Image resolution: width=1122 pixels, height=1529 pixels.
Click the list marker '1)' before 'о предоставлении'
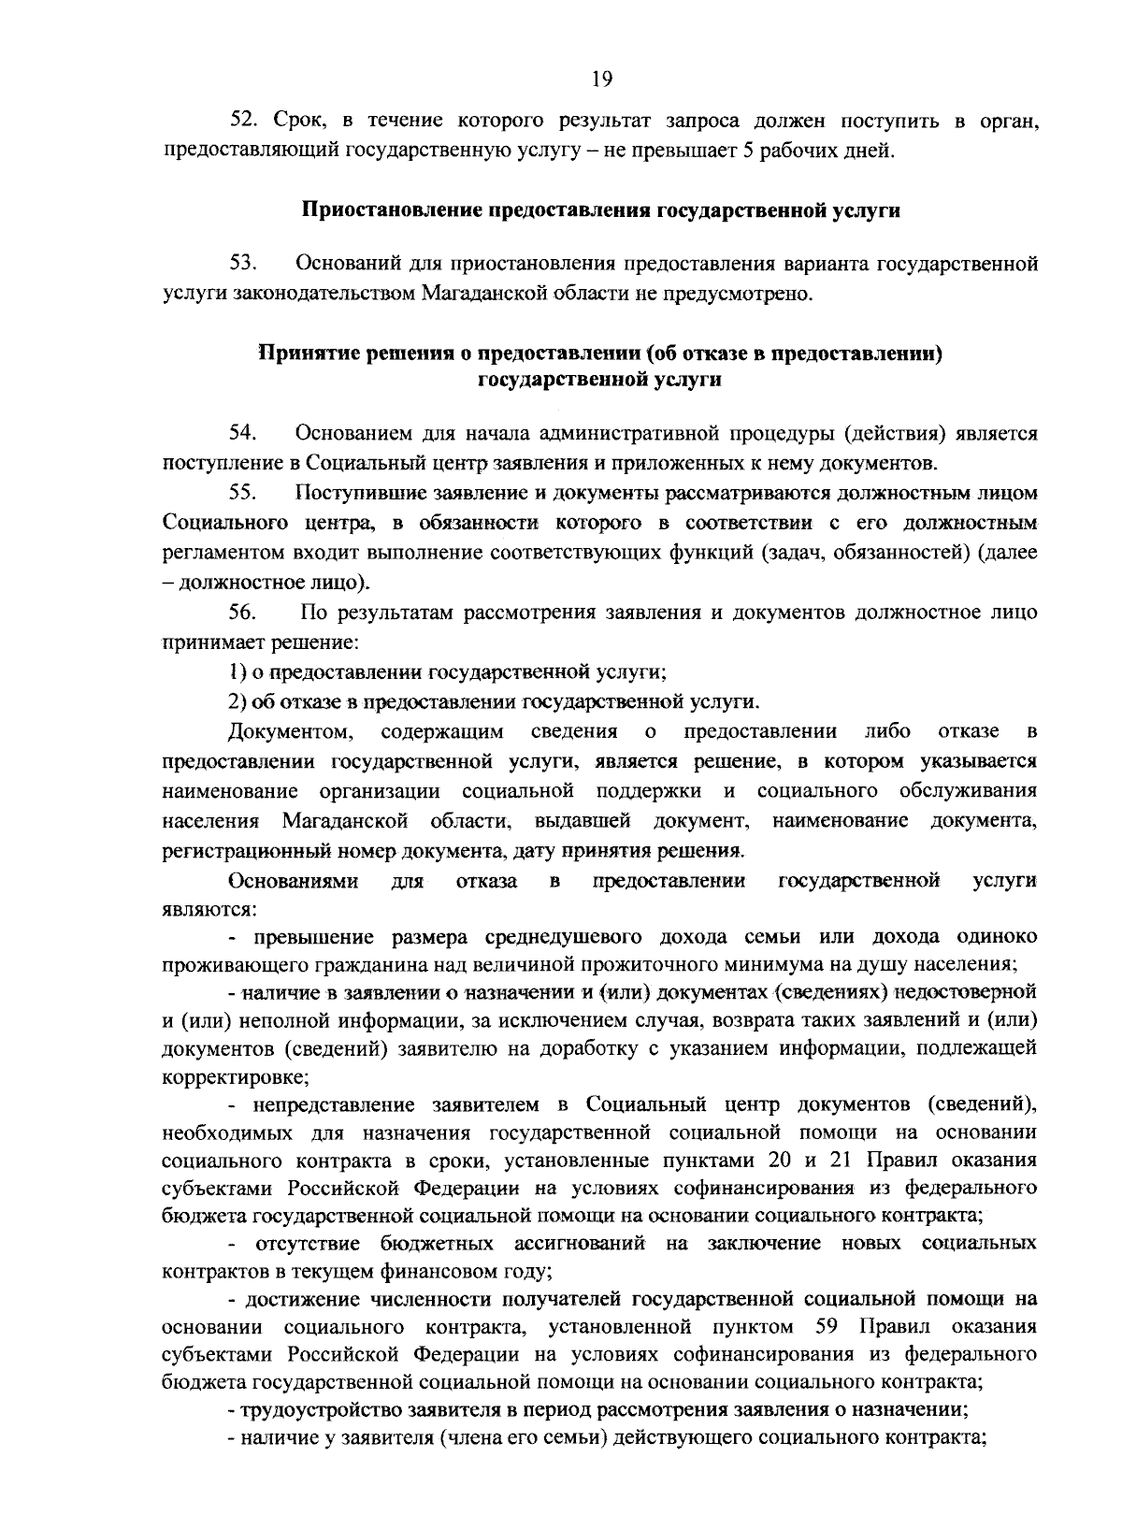[237, 672]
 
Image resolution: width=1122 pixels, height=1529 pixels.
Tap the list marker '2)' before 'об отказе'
[237, 701]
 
